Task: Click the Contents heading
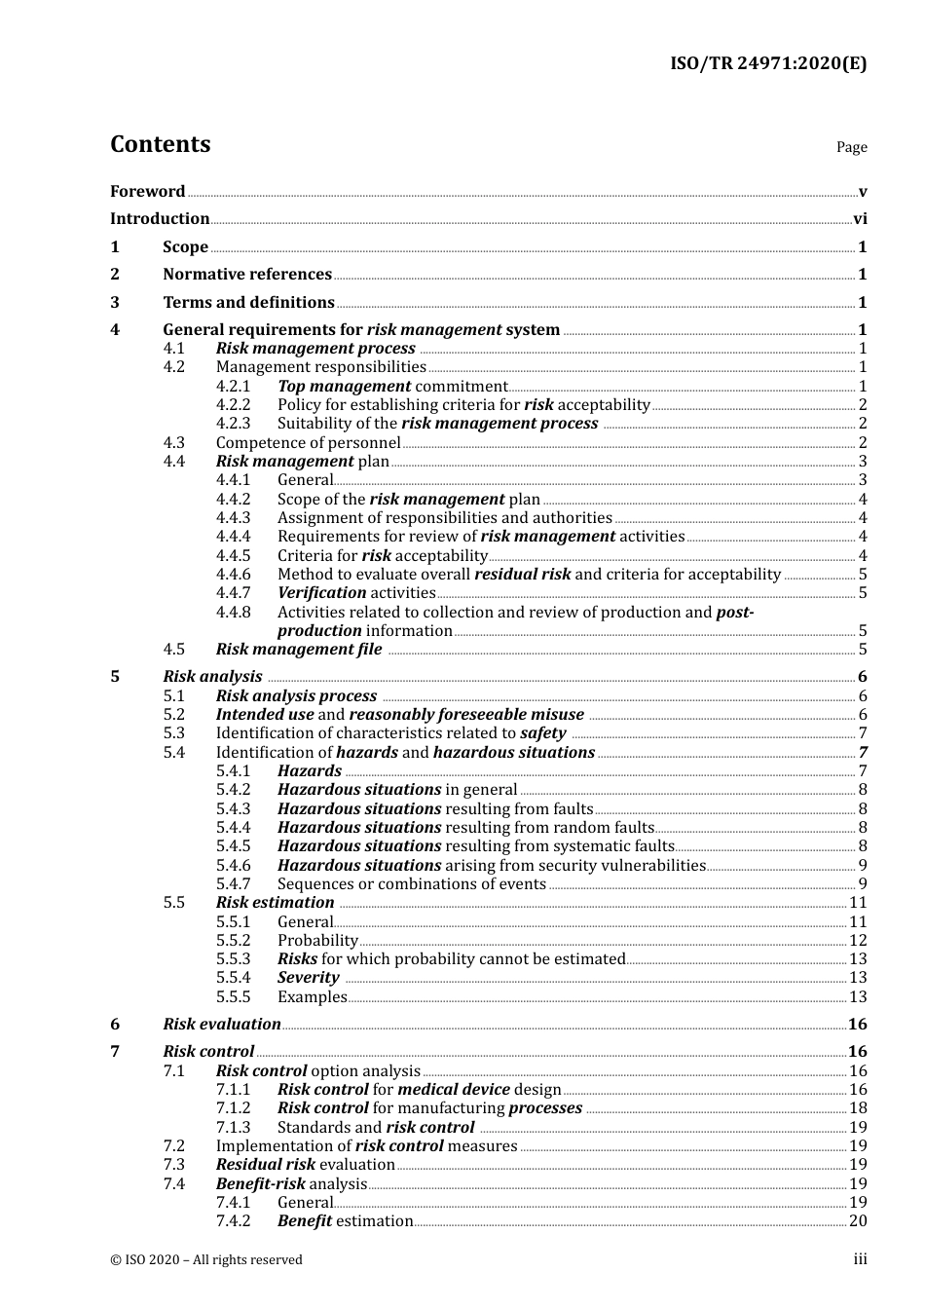coord(160,144)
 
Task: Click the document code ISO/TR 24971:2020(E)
coord(767,63)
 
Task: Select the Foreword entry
coord(147,192)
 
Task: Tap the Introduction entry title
coord(160,219)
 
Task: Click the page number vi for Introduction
coord(860,219)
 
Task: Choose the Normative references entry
coord(247,275)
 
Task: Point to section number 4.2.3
coord(233,424)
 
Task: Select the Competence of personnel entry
coord(308,443)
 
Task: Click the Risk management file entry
coord(299,650)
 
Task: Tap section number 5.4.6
coord(233,866)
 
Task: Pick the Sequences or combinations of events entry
coord(411,884)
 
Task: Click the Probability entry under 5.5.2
coord(317,941)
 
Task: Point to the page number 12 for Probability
coord(858,941)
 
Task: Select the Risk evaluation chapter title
coord(222,1025)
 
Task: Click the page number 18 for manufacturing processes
coord(858,1108)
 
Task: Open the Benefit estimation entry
coord(345,1221)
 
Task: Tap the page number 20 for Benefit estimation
coord(858,1221)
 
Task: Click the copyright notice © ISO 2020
coord(206,1260)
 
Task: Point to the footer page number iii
coord(860,1259)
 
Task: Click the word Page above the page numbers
coord(851,147)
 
